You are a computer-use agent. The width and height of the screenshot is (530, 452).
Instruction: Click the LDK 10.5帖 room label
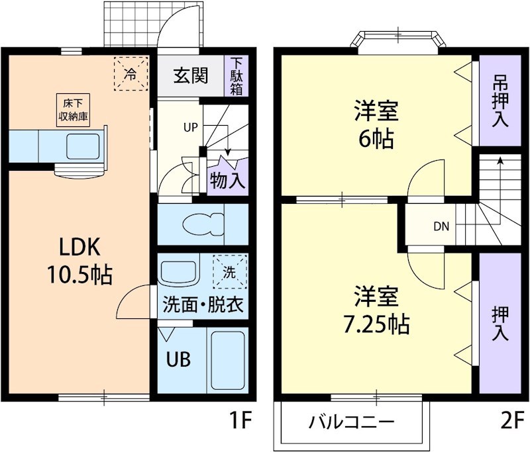(78, 259)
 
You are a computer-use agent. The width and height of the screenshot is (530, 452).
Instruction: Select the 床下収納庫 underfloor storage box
(72, 110)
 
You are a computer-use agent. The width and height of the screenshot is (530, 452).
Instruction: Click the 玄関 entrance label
(191, 76)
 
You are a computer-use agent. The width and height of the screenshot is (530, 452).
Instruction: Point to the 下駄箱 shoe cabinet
(237, 76)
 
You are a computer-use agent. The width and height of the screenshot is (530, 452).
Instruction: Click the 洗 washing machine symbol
(229, 271)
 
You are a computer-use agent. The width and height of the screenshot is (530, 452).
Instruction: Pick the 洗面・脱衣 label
(203, 306)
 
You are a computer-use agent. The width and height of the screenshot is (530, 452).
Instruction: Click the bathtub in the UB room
(227, 361)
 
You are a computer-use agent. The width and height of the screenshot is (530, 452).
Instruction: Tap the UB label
(178, 360)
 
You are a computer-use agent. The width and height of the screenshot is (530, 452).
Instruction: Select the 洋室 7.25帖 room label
(376, 309)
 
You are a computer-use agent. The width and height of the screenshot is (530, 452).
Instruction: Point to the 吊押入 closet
(500, 100)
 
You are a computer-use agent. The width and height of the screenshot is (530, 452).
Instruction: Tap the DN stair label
(441, 226)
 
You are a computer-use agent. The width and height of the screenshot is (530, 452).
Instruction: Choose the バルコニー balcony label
(352, 422)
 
